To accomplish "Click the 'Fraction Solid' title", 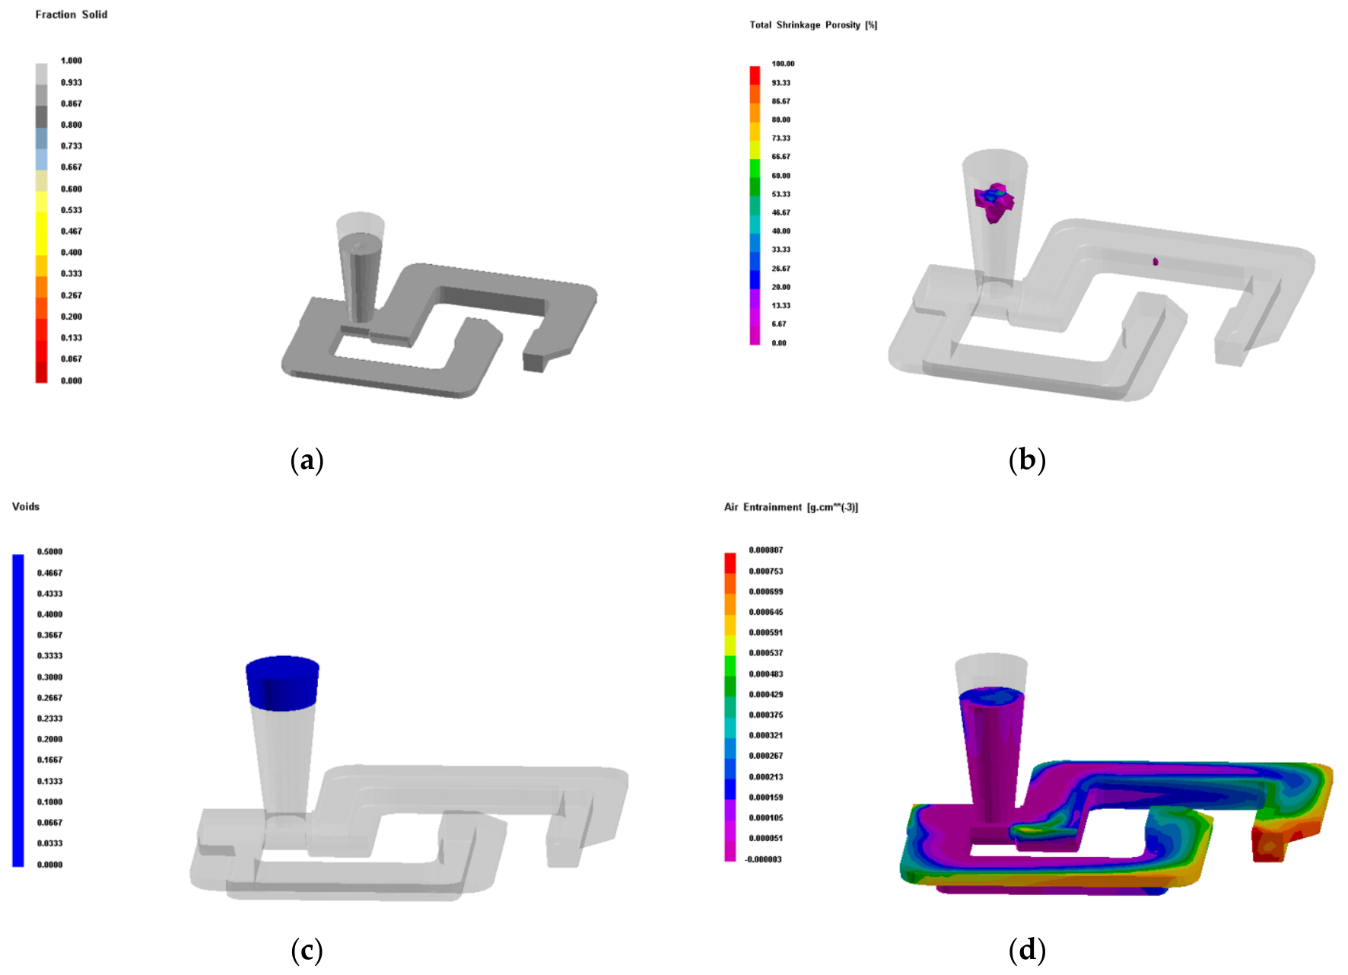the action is coord(72,14).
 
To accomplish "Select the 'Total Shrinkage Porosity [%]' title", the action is coord(813,25).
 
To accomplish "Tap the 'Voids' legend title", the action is coord(26,506).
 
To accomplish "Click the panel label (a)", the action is coord(307,460).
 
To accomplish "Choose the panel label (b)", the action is coord(1027,460).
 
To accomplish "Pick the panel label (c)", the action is coord(307,950).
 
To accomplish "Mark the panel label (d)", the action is coord(1027,950).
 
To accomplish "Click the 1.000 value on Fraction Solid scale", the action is coord(72,60).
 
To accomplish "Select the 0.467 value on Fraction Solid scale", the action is coord(72,231).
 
